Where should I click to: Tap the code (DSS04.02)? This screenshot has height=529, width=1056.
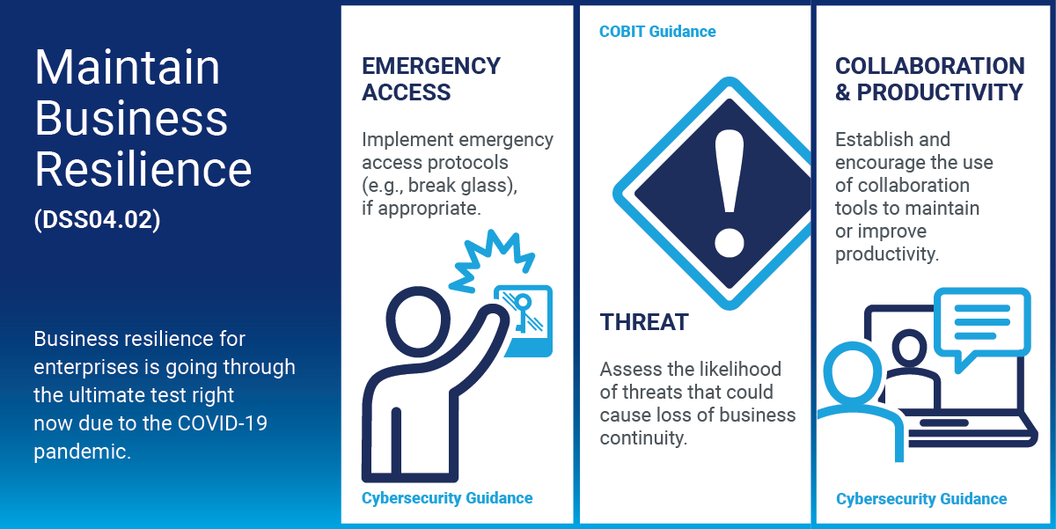point(97,220)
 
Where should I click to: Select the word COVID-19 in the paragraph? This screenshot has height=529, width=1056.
point(223,422)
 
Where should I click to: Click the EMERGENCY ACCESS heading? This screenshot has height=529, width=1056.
point(431,78)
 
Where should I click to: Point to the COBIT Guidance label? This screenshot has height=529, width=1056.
point(657,32)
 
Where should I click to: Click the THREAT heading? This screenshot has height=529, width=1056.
point(644,322)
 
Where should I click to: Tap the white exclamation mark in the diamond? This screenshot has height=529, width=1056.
point(730,194)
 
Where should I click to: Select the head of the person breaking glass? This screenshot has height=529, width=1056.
point(418,321)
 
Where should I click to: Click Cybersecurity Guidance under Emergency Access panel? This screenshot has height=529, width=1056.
point(447,498)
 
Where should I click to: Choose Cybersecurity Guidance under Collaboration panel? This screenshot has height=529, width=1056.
point(921,499)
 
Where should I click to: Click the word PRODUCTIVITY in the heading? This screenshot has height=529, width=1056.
point(940,92)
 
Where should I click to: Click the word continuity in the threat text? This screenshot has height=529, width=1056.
point(643,438)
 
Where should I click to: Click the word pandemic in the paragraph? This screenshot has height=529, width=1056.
point(82,452)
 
